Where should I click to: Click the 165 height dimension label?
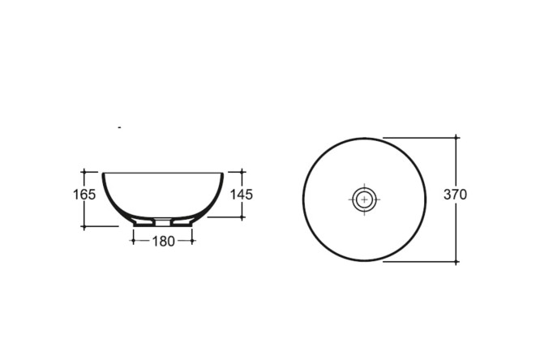[84, 195]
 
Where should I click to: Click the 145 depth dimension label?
[242, 195]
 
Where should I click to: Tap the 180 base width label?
[163, 242]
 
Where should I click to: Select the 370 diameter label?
[456, 195]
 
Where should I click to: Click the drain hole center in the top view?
[364, 199]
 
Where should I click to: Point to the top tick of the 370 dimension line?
[456, 138]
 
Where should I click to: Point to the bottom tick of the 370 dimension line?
[456, 262]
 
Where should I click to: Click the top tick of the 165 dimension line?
[84, 171]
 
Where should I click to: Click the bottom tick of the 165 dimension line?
[84, 226]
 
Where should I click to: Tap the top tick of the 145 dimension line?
[242, 171]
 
